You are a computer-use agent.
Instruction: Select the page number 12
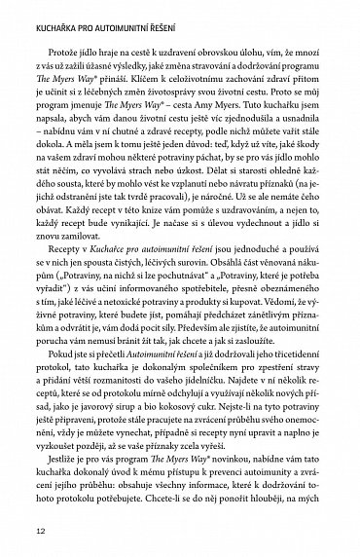tap(40, 531)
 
